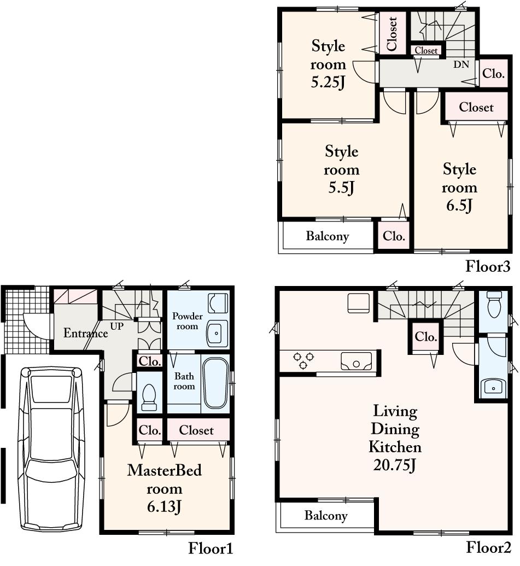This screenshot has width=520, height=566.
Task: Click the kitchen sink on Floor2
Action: pyautogui.click(x=357, y=361)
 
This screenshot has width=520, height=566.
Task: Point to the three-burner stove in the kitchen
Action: pyautogui.click(x=305, y=360)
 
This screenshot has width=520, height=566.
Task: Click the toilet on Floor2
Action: pyautogui.click(x=494, y=304)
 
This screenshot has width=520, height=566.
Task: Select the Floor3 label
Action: pyautogui.click(x=487, y=266)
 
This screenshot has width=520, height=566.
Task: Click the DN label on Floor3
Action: pyautogui.click(x=461, y=64)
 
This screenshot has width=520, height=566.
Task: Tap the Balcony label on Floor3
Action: pyautogui.click(x=327, y=236)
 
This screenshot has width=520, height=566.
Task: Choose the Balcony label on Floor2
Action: pyautogui.click(x=326, y=515)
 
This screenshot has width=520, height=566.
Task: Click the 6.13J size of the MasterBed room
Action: pyautogui.click(x=164, y=506)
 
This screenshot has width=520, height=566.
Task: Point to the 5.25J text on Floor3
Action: pyautogui.click(x=328, y=83)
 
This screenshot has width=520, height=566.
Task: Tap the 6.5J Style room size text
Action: pyautogui.click(x=459, y=206)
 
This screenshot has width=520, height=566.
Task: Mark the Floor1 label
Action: pyautogui.click(x=211, y=548)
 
